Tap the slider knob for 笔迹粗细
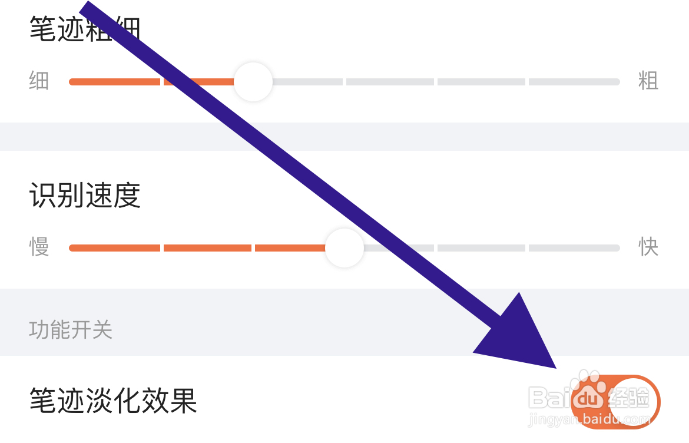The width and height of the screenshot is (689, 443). pyautogui.click(x=253, y=82)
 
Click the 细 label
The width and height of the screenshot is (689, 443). pyautogui.click(x=39, y=81)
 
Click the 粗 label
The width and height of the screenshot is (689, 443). pyautogui.click(x=648, y=81)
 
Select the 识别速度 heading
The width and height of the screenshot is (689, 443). pyautogui.click(x=85, y=196)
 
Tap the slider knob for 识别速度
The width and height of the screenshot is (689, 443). pyautogui.click(x=344, y=248)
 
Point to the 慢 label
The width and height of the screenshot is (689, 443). pyautogui.click(x=39, y=247)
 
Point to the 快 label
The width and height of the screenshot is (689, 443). pyautogui.click(x=648, y=247)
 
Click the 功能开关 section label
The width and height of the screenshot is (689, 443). pyautogui.click(x=71, y=330)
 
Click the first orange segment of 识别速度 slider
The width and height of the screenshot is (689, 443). pyautogui.click(x=115, y=248)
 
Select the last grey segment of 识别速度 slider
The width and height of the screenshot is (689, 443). pyautogui.click(x=574, y=248)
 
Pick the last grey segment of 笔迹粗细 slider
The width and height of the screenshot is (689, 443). pyautogui.click(x=574, y=82)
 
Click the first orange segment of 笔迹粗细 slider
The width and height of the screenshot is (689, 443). pyautogui.click(x=115, y=82)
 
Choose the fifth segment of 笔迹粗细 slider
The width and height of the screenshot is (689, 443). pyautogui.click(x=481, y=82)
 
